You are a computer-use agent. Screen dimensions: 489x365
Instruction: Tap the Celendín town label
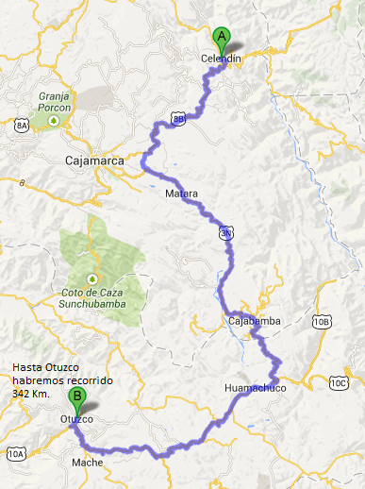point(223,59)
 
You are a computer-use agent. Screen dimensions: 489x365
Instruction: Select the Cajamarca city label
point(96,161)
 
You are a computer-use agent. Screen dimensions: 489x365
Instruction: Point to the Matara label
point(182,194)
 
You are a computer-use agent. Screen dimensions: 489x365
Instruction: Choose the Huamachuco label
point(255,388)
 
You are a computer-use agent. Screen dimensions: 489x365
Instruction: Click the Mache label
point(87,463)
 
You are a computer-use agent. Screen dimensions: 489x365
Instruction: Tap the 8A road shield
point(22,123)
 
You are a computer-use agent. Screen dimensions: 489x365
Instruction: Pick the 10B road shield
point(323,322)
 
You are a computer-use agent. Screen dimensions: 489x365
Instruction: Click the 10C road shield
point(339,382)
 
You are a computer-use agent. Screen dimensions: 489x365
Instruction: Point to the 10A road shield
point(16,454)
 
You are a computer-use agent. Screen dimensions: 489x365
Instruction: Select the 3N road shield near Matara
point(225,231)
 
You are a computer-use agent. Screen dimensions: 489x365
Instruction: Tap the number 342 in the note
point(24,390)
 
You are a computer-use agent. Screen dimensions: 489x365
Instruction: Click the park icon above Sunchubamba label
point(91,278)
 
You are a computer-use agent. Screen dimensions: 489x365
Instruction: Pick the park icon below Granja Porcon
point(55,120)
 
